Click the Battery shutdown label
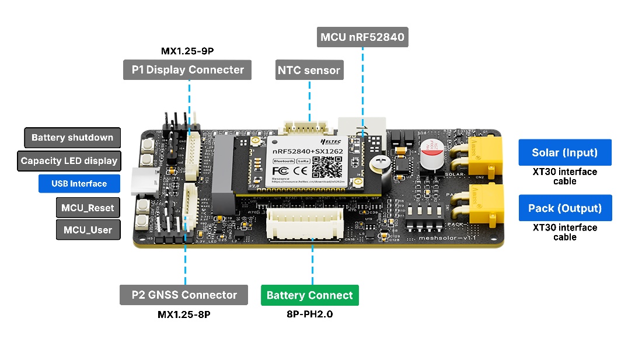coord(72,138)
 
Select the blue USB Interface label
coord(79,184)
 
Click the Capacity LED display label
coord(69,161)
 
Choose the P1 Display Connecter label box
coord(187,70)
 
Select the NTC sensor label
coord(309,71)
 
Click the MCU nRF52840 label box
coord(362,39)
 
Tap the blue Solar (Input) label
coord(564,153)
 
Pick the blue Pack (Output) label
coord(565,208)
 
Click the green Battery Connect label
coord(309,295)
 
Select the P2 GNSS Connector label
coord(184,295)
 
